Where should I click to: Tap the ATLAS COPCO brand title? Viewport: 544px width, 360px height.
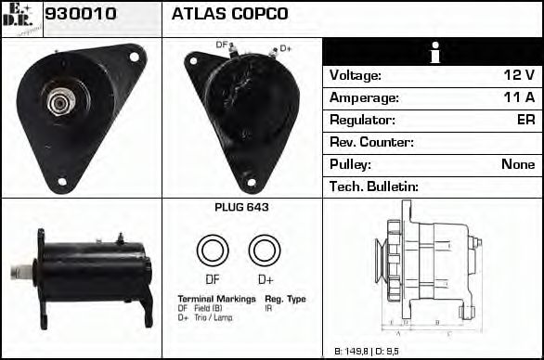(229, 14)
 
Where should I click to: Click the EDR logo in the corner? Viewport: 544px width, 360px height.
(20, 17)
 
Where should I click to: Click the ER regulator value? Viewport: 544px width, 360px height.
(525, 120)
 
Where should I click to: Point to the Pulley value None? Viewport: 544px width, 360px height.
(517, 164)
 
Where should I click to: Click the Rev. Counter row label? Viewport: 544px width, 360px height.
(372, 142)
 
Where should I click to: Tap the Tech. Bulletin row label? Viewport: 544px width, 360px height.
(374, 186)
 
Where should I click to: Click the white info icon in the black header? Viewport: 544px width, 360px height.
(433, 53)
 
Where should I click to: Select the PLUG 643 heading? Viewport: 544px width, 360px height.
(241, 208)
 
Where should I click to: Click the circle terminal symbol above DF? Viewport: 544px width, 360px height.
(212, 250)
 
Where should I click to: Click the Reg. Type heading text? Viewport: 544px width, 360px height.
(285, 299)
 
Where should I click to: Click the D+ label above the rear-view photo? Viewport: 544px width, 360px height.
(285, 47)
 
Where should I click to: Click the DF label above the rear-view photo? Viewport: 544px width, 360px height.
(222, 45)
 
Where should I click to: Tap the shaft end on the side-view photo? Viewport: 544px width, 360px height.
(16, 271)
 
